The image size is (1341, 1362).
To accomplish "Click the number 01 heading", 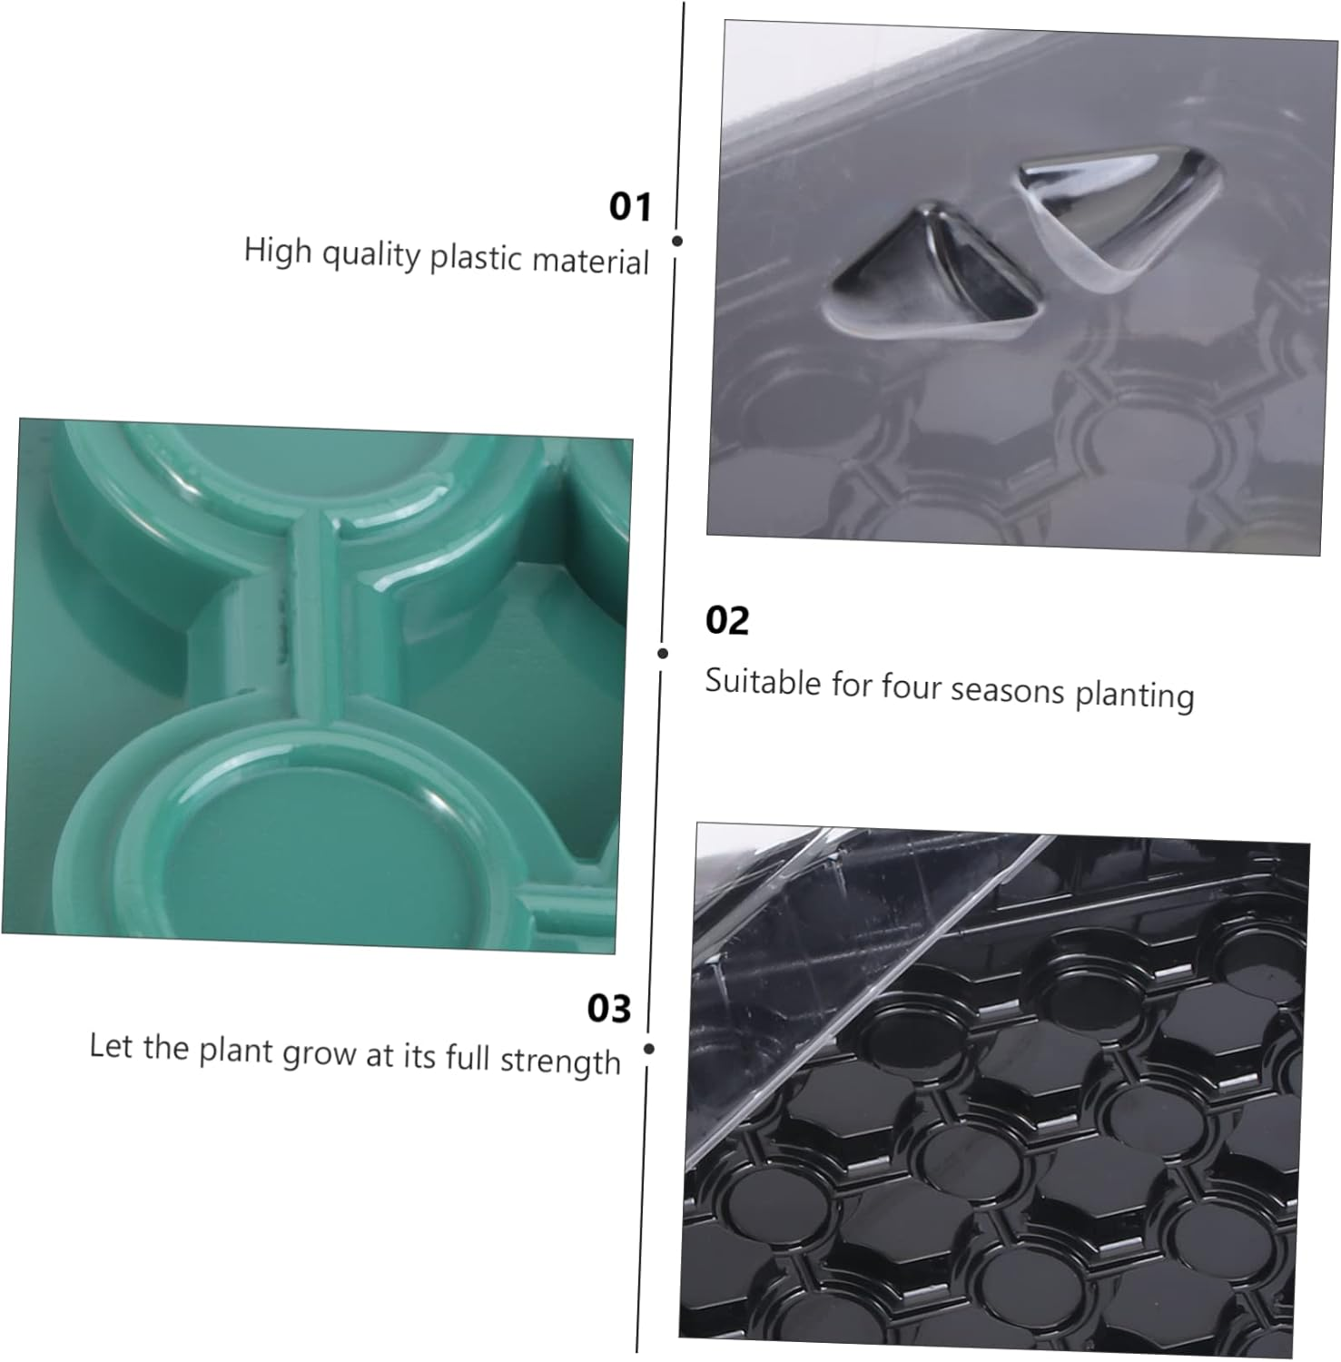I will click(x=630, y=206).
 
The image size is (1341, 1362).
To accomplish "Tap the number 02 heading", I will click(x=726, y=620).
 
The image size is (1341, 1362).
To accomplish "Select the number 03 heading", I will click(x=608, y=1008).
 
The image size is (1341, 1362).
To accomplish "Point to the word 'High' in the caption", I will click(x=277, y=249).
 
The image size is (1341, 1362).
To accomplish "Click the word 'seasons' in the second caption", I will click(x=1007, y=690).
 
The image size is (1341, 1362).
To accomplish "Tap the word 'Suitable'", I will click(x=763, y=681).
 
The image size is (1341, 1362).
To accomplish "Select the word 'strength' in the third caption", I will click(x=560, y=1061).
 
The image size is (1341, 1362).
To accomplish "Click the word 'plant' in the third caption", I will click(x=236, y=1051).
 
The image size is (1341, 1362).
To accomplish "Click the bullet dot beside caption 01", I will click(x=677, y=241).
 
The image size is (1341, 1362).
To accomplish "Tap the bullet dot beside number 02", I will click(x=663, y=653).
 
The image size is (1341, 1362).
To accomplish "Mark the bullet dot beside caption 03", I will click(x=648, y=1049).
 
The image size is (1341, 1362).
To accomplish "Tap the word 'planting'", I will click(x=1134, y=696).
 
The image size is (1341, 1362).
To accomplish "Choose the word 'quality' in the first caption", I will click(x=371, y=254).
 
